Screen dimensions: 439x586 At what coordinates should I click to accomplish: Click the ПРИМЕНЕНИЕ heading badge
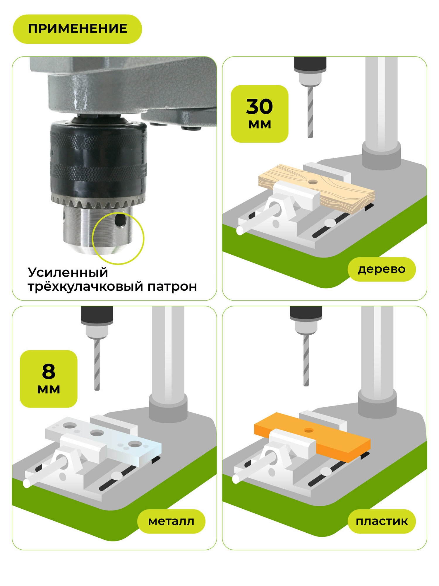[x=77, y=29]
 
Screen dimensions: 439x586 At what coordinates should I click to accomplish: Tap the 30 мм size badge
[x=260, y=114]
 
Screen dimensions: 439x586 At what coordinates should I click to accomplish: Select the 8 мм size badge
[x=49, y=379]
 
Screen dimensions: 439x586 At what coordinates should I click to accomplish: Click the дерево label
[x=382, y=269]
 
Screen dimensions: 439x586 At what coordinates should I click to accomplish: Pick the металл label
[x=171, y=521]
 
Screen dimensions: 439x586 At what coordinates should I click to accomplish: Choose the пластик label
[x=382, y=521]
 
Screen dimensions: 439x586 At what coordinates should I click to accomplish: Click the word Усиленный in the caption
[x=68, y=273]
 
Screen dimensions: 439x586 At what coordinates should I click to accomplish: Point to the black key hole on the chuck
[x=120, y=220]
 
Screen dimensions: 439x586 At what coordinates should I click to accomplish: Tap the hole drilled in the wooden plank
[x=313, y=182]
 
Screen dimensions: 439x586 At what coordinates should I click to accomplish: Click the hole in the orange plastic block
[x=309, y=430]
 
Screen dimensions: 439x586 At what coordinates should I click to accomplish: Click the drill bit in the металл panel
[x=97, y=365]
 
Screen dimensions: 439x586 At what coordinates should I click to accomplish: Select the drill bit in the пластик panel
[x=306, y=360]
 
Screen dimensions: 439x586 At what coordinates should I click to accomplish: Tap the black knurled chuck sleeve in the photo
[x=98, y=158]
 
